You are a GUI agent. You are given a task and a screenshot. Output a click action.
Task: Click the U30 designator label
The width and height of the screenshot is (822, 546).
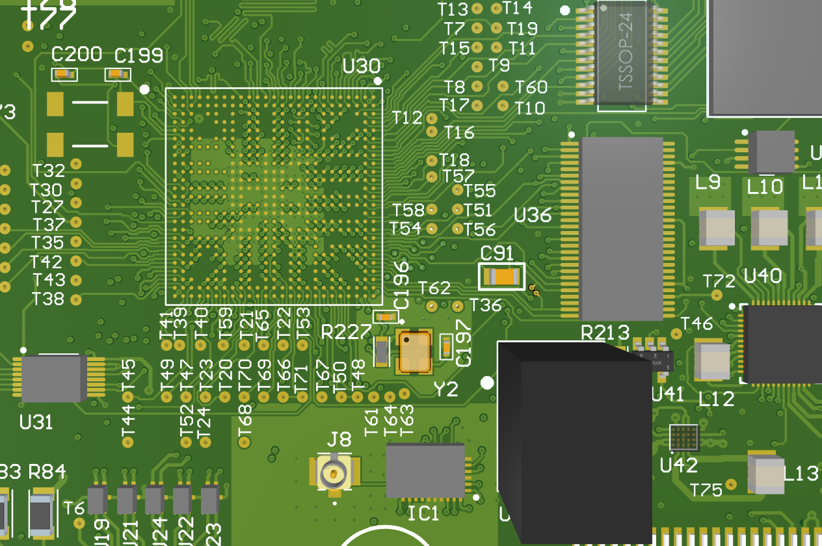(x=361, y=66)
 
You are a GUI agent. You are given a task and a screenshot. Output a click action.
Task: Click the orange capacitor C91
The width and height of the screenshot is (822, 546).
(x=501, y=277)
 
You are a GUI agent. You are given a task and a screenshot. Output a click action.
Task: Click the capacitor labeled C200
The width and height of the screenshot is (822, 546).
(x=64, y=75)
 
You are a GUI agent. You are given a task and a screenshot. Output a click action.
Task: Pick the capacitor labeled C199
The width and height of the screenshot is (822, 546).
(x=118, y=75)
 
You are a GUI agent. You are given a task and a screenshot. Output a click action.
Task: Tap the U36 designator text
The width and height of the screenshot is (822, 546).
(x=533, y=215)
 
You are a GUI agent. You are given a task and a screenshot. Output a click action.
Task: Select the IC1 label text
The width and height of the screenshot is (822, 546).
(x=423, y=514)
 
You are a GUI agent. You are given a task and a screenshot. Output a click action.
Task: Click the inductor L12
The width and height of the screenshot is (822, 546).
(x=712, y=361)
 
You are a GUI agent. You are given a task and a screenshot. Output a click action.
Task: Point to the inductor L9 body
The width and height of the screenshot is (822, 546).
(x=717, y=228)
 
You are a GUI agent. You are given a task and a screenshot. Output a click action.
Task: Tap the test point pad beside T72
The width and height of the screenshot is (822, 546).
(x=717, y=295)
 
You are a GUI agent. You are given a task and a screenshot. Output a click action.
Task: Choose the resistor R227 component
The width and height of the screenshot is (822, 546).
(x=382, y=352)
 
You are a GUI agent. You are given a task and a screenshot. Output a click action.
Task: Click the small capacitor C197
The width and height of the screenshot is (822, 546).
(x=446, y=346)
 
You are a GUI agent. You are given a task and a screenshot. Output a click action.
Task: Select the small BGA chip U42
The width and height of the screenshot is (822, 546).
(x=684, y=437)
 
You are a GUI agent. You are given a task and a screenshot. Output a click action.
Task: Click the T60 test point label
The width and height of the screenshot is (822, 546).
(x=531, y=87)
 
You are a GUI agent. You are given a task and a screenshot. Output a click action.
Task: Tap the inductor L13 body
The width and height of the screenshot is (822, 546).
(x=766, y=474)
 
